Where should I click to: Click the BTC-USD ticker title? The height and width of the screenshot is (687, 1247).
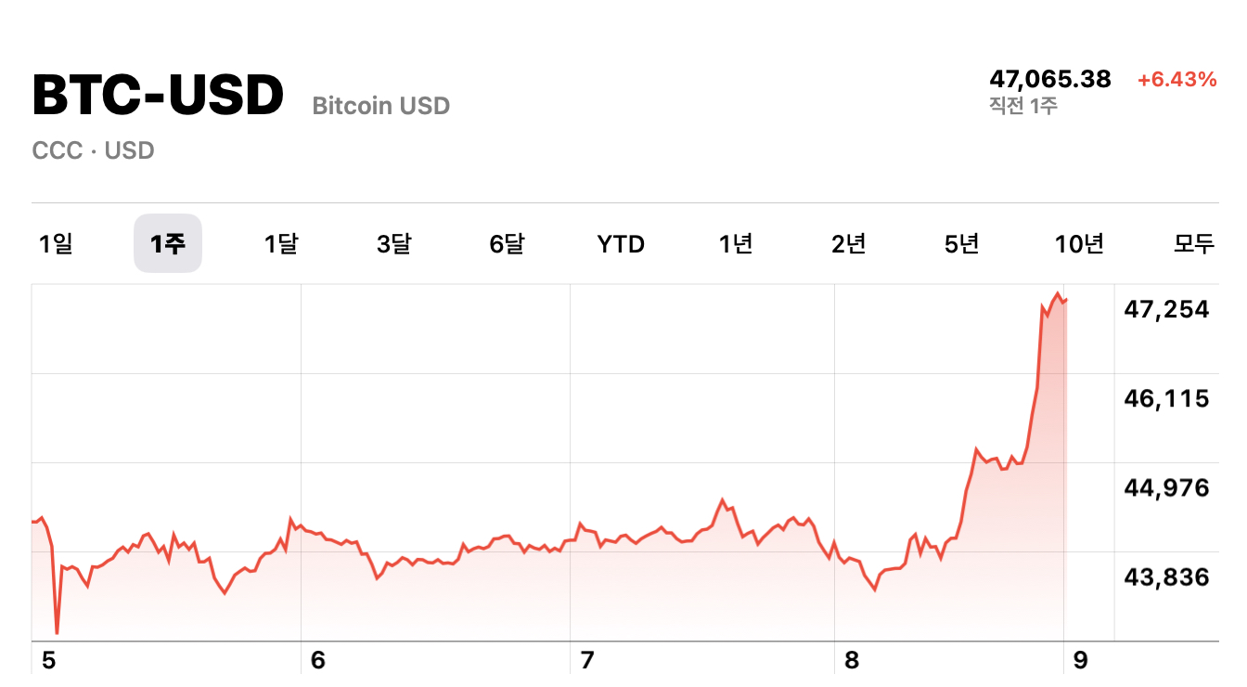pos(158,96)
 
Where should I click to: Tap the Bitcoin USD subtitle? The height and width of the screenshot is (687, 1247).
pos(380,106)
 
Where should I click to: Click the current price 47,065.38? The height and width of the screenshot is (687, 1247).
pos(1049,79)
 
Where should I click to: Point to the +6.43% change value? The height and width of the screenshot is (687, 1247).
pos(1176,80)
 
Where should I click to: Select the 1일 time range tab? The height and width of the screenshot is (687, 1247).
pos(56,244)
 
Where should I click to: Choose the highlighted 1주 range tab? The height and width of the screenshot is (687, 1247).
pos(168,244)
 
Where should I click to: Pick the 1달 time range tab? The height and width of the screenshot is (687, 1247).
pos(281,244)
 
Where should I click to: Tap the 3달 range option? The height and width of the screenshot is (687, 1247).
pos(394,244)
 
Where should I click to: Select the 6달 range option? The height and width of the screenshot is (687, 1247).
pos(508,244)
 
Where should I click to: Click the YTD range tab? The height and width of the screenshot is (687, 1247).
pos(621,244)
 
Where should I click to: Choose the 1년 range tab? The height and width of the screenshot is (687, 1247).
pos(736,244)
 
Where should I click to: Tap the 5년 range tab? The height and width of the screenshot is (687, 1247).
pos(962,244)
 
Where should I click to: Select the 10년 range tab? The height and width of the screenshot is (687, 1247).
pos(1079,244)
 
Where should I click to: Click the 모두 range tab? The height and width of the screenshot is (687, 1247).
pos(1194,244)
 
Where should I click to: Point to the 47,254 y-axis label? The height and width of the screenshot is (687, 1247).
pos(1166,309)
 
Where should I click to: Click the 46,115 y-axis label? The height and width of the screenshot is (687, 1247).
pos(1166,399)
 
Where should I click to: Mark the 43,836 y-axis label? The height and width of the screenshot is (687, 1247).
pos(1166,577)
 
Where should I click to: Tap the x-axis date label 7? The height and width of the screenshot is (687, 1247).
pos(586,661)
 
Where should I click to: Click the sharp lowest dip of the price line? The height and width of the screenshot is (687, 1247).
pos(57,632)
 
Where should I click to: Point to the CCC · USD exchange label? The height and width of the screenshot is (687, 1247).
pos(93,150)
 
